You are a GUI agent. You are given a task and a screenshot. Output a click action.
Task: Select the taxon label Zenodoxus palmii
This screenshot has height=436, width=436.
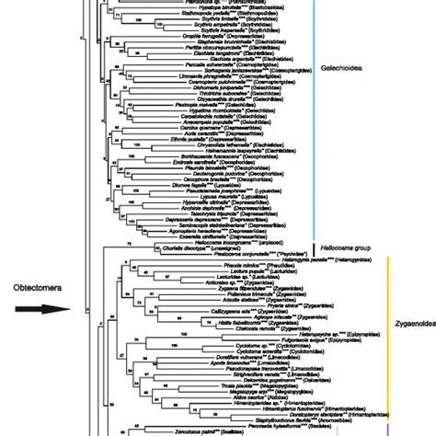(188, 429)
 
